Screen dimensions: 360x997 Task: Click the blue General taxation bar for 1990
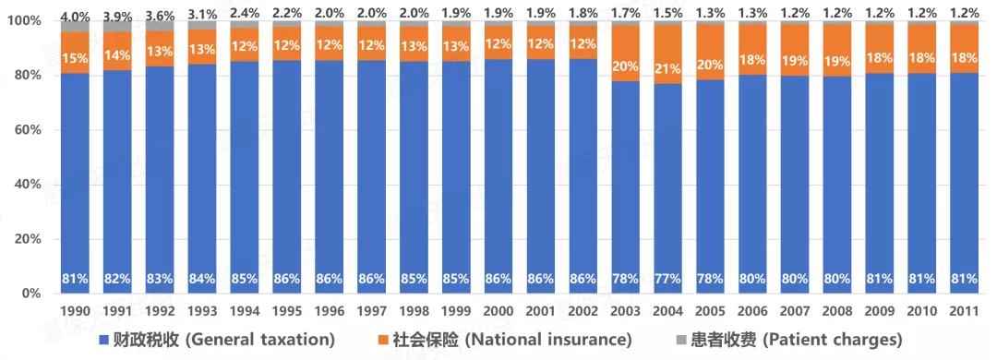76,175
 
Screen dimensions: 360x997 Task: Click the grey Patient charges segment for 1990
76,27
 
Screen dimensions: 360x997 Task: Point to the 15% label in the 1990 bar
76,58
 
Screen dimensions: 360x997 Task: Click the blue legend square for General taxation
104,340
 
